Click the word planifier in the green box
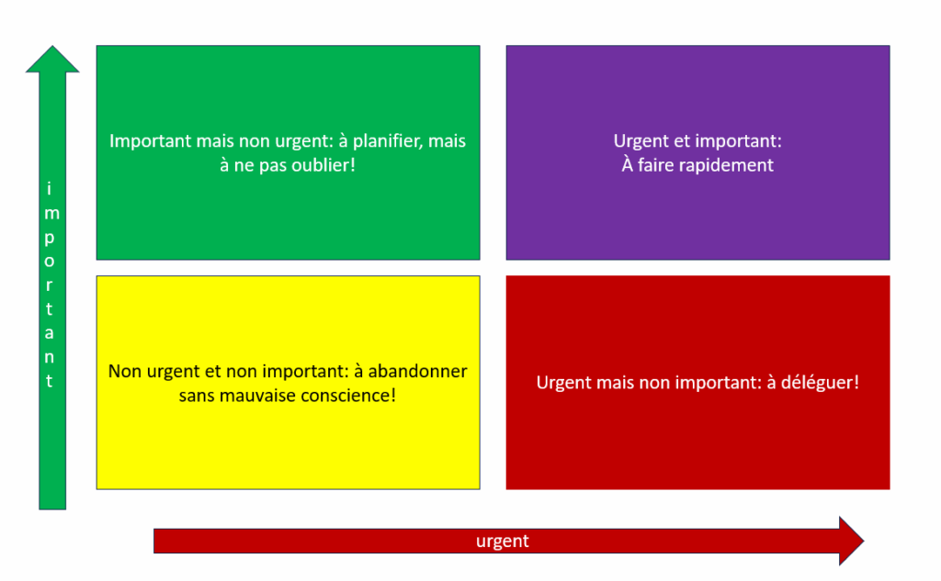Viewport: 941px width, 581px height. (x=387, y=141)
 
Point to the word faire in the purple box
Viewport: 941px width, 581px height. (x=657, y=165)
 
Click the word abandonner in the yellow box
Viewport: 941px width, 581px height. (x=417, y=371)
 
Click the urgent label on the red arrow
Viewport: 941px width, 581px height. (x=503, y=542)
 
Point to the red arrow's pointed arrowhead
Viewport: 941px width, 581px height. (x=863, y=541)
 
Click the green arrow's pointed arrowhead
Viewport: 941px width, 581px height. (x=52, y=47)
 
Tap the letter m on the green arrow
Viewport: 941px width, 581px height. (x=51, y=214)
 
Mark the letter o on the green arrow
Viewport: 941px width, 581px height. (x=50, y=262)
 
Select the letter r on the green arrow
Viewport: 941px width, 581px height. (x=49, y=285)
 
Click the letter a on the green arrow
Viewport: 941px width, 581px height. (x=50, y=333)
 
